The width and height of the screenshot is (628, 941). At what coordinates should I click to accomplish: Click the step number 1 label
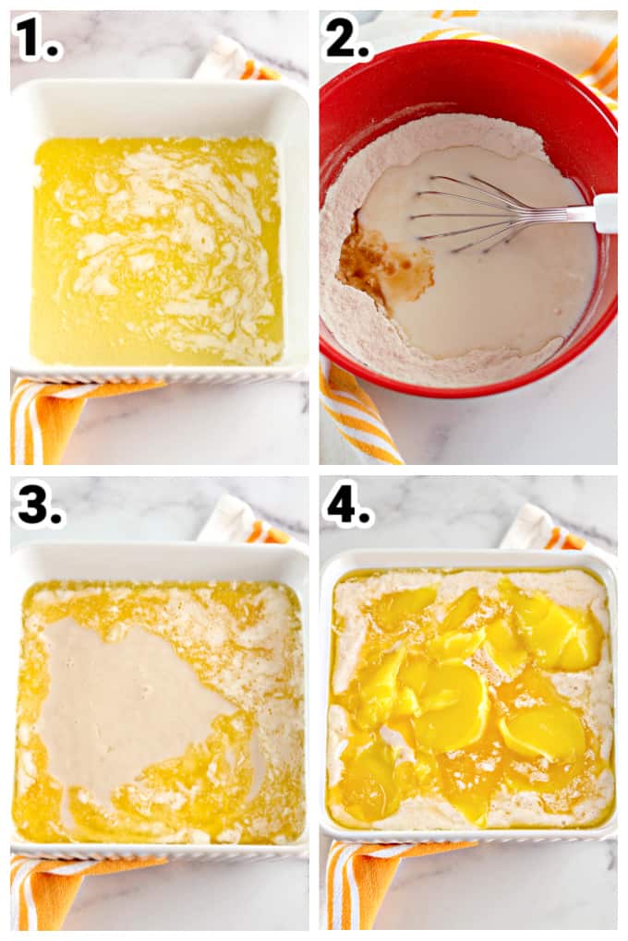(37, 39)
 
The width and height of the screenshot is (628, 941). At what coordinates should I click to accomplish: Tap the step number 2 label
(345, 39)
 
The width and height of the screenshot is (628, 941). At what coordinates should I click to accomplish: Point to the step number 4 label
(347, 506)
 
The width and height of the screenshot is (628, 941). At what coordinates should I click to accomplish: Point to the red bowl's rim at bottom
(462, 389)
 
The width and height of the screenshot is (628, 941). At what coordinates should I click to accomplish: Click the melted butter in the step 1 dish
(157, 249)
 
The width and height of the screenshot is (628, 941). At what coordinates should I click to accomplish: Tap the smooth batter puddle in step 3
(120, 701)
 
